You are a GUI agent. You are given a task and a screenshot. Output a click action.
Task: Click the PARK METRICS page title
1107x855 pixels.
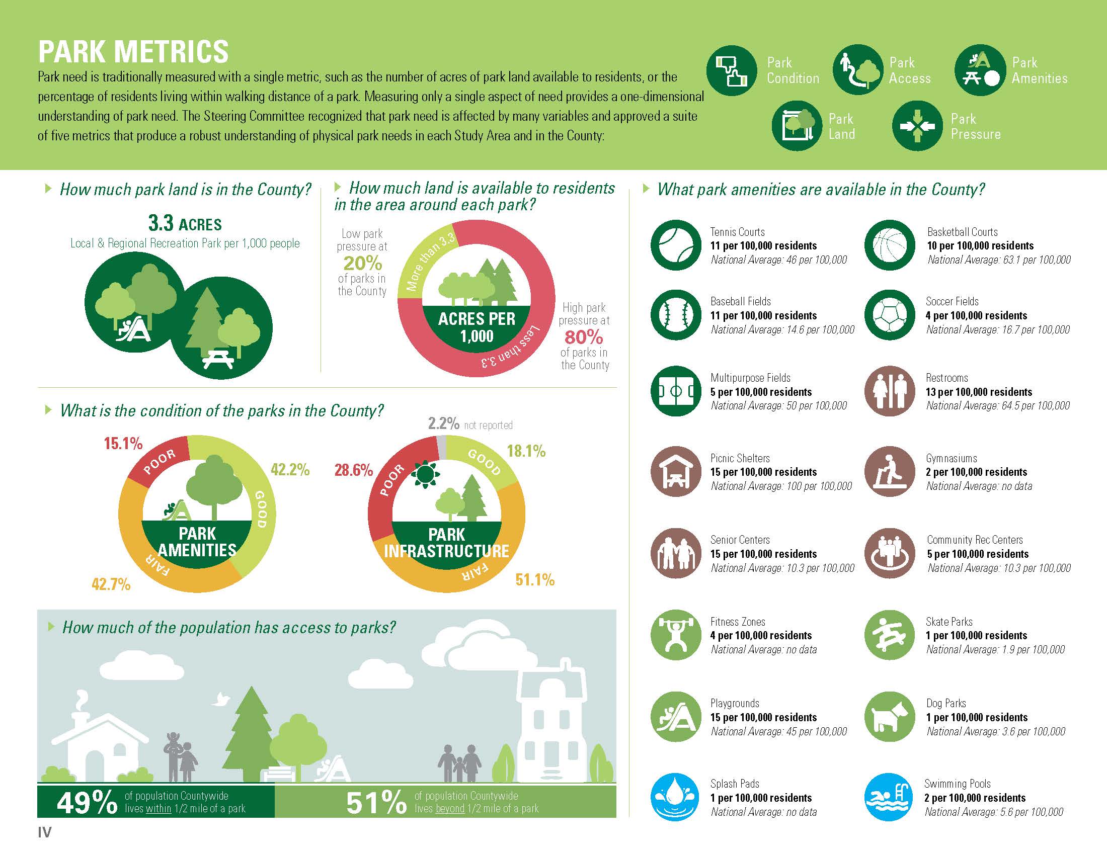(133, 51)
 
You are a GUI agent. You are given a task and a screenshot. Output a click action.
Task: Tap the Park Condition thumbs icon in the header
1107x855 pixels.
(732, 71)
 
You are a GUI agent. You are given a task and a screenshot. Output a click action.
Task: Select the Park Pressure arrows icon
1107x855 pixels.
(917, 126)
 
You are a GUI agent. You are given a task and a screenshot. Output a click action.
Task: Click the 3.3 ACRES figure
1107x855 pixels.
(185, 223)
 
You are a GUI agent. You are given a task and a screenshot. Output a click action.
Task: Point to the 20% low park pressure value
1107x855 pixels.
(362, 263)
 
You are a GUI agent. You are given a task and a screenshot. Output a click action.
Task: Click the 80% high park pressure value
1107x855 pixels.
(584, 337)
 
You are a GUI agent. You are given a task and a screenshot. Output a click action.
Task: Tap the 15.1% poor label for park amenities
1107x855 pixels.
(123, 444)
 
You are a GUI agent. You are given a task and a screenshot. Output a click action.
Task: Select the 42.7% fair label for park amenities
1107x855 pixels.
(111, 584)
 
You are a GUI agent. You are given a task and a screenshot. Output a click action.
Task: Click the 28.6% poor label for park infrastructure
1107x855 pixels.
(354, 470)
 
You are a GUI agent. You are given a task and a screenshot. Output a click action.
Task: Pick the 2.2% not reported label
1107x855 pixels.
(470, 423)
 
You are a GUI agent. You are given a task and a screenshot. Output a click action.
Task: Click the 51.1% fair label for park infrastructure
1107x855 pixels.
(535, 579)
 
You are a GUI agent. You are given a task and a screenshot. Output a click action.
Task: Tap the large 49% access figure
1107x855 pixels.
(87, 803)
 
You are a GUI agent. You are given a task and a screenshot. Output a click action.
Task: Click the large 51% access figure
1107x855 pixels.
(376, 803)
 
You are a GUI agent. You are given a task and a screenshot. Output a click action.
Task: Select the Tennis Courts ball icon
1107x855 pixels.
(676, 245)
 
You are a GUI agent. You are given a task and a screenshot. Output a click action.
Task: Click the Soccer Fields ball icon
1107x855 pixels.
(890, 315)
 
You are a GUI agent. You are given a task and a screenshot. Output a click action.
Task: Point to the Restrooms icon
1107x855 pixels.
(890, 391)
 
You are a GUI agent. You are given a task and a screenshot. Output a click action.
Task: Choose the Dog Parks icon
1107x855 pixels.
(890, 717)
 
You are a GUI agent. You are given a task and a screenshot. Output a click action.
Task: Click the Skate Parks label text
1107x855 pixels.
(949, 622)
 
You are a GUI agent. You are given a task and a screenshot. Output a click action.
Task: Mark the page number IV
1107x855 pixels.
(45, 832)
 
